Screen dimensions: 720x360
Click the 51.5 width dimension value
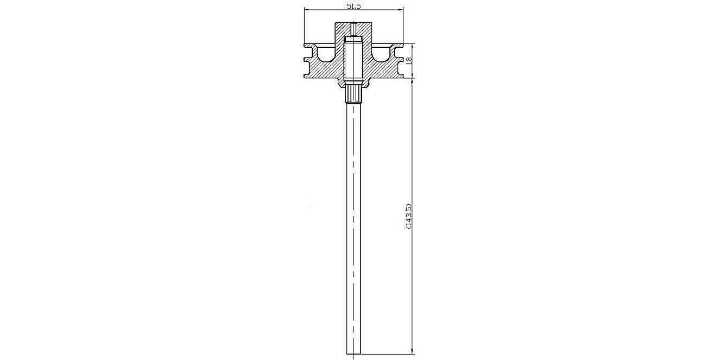[x=353, y=6]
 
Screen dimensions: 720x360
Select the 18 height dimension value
[x=409, y=60]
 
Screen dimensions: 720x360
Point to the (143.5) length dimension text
[x=408, y=216]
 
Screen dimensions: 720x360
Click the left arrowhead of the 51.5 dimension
[x=307, y=10]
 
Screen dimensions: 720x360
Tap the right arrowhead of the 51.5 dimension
[x=401, y=10]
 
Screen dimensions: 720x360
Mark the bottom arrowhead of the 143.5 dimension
[x=413, y=351]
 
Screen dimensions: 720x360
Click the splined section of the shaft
[x=353, y=94]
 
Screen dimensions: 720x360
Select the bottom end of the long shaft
[x=353, y=354]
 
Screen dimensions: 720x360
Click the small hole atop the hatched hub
[x=353, y=29]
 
